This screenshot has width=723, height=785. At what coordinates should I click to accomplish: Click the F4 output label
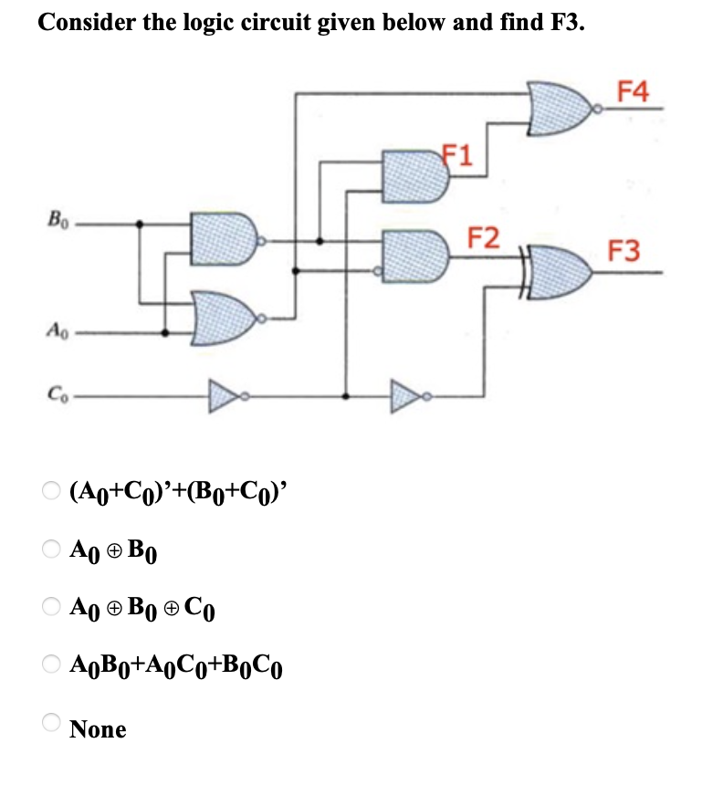(634, 91)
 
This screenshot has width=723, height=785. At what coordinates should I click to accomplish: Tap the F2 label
(483, 239)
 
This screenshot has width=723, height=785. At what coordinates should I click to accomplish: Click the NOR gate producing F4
(563, 108)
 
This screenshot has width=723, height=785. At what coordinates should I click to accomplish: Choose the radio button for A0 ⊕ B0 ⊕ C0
(50, 607)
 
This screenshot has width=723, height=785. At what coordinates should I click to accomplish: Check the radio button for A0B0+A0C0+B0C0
(50, 665)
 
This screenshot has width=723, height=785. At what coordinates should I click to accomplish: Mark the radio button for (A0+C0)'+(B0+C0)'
(50, 491)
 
